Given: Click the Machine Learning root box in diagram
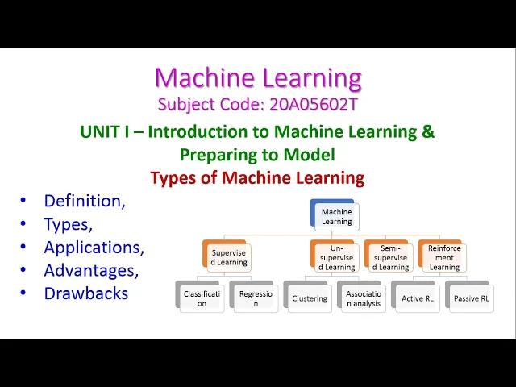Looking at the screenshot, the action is coord(336,216).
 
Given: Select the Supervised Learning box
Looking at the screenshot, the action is coord(228,256).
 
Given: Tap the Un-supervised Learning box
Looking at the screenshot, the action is coord(336,256).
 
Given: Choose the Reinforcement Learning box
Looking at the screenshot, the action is coord(443,257).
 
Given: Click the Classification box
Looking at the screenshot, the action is coord(202,298).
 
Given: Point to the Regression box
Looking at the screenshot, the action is coord(256,298).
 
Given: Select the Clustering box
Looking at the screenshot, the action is coord(310,298).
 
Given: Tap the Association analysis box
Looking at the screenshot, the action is coord(363,298).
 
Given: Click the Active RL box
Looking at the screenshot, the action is coord(417,298).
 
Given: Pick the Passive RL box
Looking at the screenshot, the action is coord(471,298).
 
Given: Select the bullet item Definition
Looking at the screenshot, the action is coord(85,201).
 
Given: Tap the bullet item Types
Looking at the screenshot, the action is coord(69,224).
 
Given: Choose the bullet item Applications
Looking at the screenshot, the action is coord(94,248).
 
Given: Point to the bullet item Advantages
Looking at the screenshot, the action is coord(91,270).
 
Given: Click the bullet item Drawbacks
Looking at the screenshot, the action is coord(86,293).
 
